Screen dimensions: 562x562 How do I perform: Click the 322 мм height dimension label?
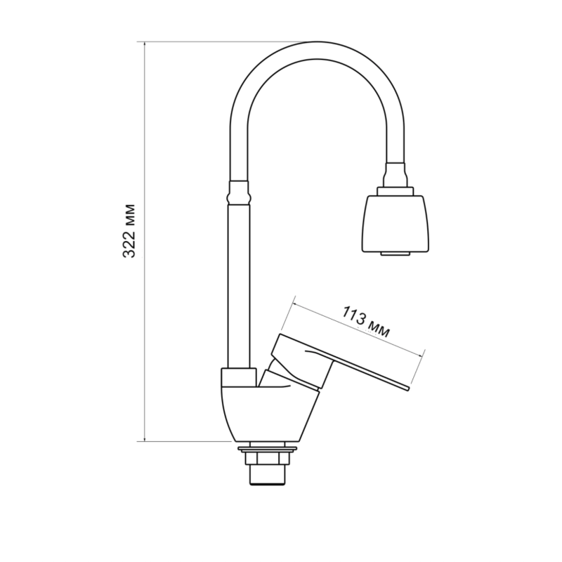coord(129,231)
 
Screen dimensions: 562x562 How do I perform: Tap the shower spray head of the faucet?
coord(396,223)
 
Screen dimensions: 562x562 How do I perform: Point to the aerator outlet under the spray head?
coord(396,254)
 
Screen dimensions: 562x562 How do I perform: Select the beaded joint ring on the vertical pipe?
coord(238,197)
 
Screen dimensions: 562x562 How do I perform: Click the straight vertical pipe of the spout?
coord(238,285)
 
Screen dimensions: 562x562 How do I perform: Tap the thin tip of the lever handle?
coord(408,388)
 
